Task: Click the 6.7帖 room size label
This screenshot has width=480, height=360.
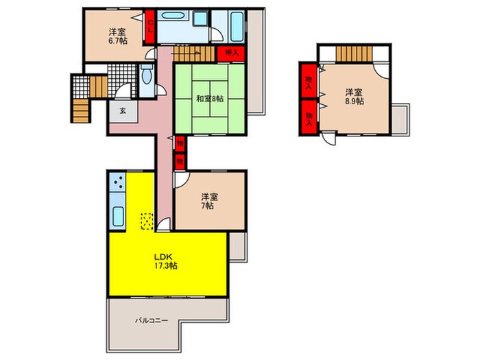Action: tap(118, 40)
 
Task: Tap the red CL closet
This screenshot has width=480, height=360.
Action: tap(150, 27)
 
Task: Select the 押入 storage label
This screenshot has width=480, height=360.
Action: tap(232, 53)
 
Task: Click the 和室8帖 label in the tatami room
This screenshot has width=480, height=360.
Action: tap(210, 99)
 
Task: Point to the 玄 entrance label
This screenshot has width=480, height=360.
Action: tap(123, 111)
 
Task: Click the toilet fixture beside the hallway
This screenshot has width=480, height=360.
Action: tap(147, 74)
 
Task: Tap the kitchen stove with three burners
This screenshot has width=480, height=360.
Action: tap(118, 182)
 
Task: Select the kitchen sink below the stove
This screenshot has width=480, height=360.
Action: tap(118, 216)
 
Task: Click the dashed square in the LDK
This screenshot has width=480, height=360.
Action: tap(147, 221)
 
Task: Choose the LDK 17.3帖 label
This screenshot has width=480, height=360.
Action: tap(165, 261)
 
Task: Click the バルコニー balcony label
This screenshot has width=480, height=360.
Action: tap(152, 320)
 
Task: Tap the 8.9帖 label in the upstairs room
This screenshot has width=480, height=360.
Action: tap(355, 101)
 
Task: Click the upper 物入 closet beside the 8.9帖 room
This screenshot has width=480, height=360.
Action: tap(309, 81)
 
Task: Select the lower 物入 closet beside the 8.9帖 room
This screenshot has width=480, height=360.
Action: tap(309, 117)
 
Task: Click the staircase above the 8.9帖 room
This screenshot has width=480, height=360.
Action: tap(355, 53)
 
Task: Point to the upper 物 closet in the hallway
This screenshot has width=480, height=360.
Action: tap(180, 143)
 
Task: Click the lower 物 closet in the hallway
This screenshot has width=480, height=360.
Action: tap(180, 161)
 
